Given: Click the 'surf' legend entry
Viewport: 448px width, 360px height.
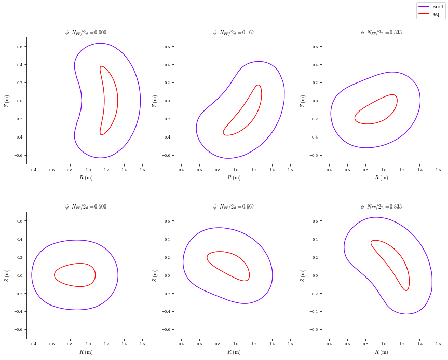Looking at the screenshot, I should (x=438, y=7).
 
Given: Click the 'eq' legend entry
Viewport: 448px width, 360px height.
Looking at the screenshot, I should (x=436, y=14).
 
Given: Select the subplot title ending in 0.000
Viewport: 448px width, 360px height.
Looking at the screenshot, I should (x=86, y=32).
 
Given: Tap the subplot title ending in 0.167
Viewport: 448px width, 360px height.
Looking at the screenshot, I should (x=234, y=32).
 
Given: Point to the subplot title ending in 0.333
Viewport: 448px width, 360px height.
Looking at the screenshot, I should (x=381, y=32).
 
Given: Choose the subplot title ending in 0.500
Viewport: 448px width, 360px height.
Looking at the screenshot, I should (x=86, y=206).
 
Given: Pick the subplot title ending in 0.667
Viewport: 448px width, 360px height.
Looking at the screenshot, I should (x=234, y=206).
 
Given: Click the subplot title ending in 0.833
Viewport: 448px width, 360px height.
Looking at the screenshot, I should (x=381, y=206).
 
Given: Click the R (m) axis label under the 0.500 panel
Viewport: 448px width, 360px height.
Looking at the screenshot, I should (x=86, y=352).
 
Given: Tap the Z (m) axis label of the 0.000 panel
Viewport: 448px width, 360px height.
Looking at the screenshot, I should (x=7, y=101).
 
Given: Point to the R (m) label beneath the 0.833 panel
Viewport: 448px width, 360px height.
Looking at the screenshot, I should (x=382, y=352).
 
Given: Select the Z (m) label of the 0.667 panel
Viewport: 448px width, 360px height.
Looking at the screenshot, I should (x=154, y=275).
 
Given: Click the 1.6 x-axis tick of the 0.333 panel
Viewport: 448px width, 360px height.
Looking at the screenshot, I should (x=438, y=170).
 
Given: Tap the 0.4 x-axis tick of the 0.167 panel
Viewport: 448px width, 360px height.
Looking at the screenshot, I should (x=181, y=170).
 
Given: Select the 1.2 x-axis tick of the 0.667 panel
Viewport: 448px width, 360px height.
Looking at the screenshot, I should (x=254, y=344).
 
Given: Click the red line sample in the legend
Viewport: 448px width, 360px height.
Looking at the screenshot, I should (x=425, y=14).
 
